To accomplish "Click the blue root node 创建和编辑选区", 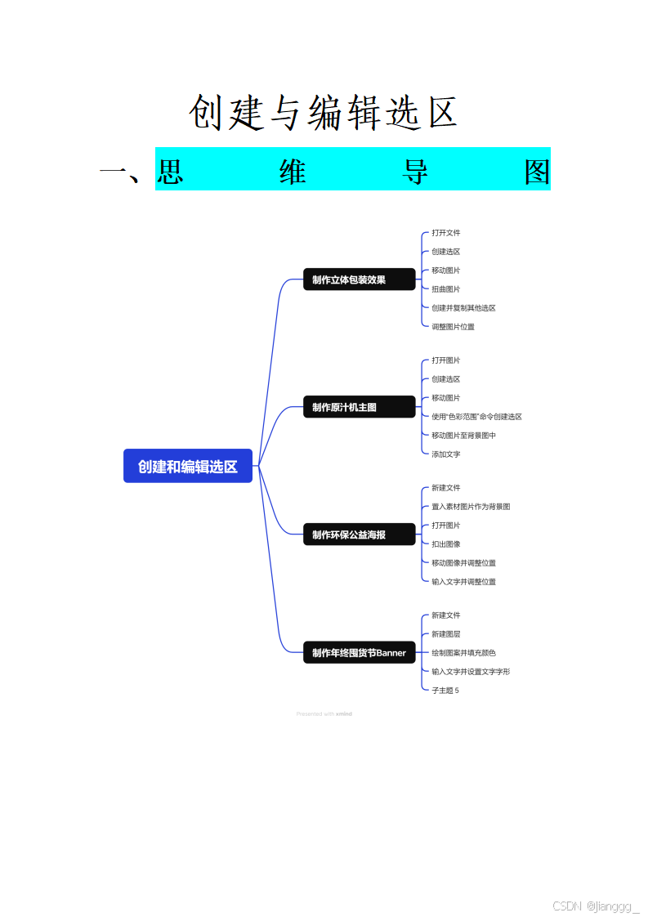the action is pyautogui.click(x=188, y=466).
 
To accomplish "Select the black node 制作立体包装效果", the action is pyautogui.click(x=360, y=280).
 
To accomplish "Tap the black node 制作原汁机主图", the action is pyautogui.click(x=360, y=407).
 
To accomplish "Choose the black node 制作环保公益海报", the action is pyautogui.click(x=360, y=535).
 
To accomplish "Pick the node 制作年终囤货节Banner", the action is pyautogui.click(x=360, y=653).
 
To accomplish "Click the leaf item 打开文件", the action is pyautogui.click(x=446, y=233).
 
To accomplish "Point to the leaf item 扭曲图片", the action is pyautogui.click(x=446, y=289).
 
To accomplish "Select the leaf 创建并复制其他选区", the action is pyautogui.click(x=463, y=308).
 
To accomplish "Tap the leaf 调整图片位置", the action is pyautogui.click(x=453, y=327).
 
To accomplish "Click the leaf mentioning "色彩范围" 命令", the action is pyautogui.click(x=476, y=417).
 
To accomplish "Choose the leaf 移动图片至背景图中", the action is pyautogui.click(x=463, y=436).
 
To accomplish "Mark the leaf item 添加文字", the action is pyautogui.click(x=446, y=454).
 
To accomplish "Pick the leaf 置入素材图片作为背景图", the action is pyautogui.click(x=471, y=507).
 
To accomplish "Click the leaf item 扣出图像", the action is pyautogui.click(x=446, y=544).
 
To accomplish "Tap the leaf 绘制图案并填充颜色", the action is pyautogui.click(x=463, y=653).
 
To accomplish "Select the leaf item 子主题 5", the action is pyautogui.click(x=445, y=691).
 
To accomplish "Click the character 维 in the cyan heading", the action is pyautogui.click(x=293, y=171).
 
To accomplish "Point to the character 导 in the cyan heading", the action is pyautogui.click(x=415, y=171).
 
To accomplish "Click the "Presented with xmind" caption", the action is pyautogui.click(x=324, y=713).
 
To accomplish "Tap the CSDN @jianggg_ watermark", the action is pyautogui.click(x=596, y=906).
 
